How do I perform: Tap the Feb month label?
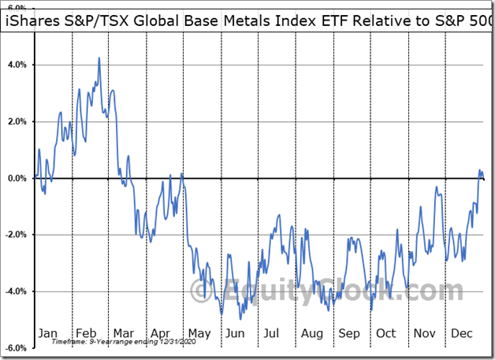pyautogui.click(x=87, y=333)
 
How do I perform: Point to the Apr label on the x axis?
pyautogui.click(x=162, y=333)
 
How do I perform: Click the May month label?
pyautogui.click(x=199, y=333)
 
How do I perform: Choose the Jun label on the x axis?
pyautogui.click(x=236, y=333)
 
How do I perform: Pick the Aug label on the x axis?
pyautogui.click(x=311, y=333)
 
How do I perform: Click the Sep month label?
pyautogui.click(x=348, y=333)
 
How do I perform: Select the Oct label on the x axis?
pyautogui.click(x=385, y=333)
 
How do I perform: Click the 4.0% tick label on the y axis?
pyautogui.click(x=17, y=65)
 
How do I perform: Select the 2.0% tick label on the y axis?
pyautogui.click(x=17, y=121)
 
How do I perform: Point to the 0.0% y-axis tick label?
pyautogui.click(x=17, y=178)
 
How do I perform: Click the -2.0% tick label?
pyautogui.click(x=17, y=235)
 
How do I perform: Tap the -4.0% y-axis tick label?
pyautogui.click(x=17, y=291)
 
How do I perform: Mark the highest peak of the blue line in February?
pyautogui.click(x=99, y=58)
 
